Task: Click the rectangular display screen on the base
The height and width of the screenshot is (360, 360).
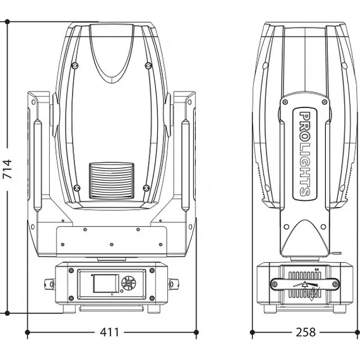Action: point(102,283)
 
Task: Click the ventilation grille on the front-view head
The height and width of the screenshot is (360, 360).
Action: point(112,181)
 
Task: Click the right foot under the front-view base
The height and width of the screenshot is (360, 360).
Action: point(152,310)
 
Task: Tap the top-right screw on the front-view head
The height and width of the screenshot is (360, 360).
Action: point(149,66)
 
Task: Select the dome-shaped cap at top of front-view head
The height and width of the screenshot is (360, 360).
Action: point(112,47)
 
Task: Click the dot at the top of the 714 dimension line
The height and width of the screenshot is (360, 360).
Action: point(7,21)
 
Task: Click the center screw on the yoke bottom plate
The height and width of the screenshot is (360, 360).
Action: point(112,244)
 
